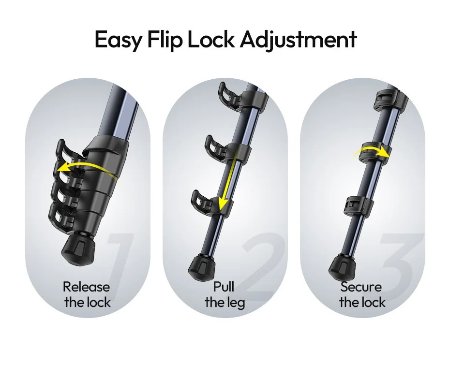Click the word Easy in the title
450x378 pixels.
click(118, 40)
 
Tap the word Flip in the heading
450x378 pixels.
click(165, 40)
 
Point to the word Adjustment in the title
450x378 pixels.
click(299, 40)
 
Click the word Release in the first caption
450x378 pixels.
click(86, 287)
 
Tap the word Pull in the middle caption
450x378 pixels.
click(224, 287)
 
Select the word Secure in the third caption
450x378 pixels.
click(361, 287)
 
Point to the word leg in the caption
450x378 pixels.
click(236, 303)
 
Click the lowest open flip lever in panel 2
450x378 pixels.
click(203, 202)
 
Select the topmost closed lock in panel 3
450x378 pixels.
click(386, 99)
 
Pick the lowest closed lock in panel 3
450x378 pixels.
click(356, 205)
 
